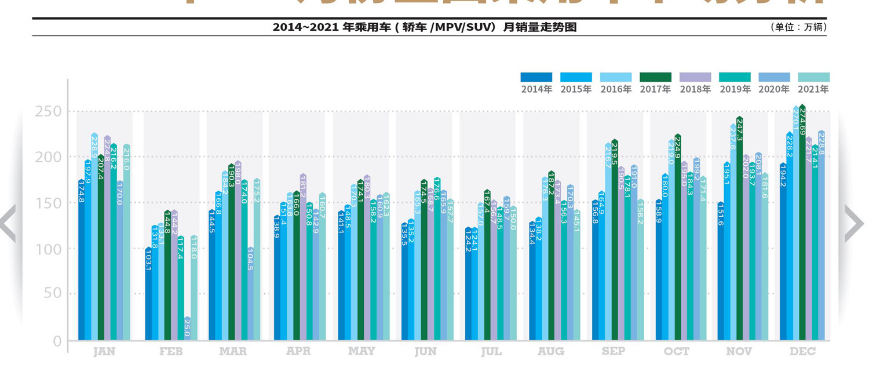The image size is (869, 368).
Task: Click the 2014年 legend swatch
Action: click(536, 77)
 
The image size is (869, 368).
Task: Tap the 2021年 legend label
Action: click(813, 89)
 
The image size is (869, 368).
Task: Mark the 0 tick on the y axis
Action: click(57, 341)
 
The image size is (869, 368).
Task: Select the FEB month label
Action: click(171, 352)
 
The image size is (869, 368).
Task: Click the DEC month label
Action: click(802, 352)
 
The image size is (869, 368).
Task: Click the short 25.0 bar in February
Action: click(187, 329)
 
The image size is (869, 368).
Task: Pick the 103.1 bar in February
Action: click(148, 296)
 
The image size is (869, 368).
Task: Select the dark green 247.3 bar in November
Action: click(740, 232)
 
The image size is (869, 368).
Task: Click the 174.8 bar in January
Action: click(82, 261)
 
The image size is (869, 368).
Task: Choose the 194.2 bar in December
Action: click(783, 255)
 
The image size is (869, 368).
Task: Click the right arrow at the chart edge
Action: click(854, 223)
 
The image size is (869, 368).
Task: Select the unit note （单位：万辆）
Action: click(798, 27)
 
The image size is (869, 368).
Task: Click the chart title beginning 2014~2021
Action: click(425, 27)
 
